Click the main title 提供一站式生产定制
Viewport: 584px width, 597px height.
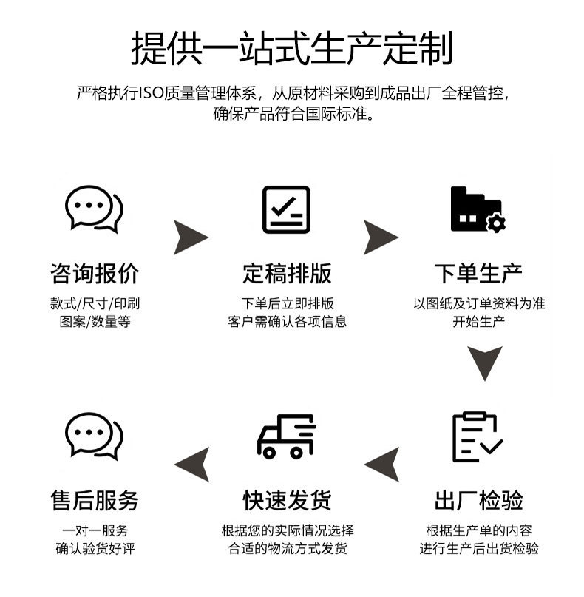[x=291, y=48]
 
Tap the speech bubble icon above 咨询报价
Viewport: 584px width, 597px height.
[x=94, y=209]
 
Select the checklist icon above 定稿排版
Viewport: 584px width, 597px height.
[x=286, y=209]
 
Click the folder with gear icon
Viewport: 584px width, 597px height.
[x=478, y=209]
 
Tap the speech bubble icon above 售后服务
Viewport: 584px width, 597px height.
[x=94, y=437]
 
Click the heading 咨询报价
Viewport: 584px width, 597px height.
[x=95, y=273]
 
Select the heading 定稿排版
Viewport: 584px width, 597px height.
[x=287, y=273]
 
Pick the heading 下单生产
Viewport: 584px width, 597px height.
[x=478, y=273]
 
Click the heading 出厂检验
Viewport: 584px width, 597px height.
[x=478, y=501]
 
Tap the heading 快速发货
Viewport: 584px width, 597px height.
[x=287, y=501]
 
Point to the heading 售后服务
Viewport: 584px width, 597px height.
[x=95, y=501]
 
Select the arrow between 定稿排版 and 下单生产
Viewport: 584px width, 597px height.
[x=381, y=237]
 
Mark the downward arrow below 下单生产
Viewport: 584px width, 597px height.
[x=485, y=362]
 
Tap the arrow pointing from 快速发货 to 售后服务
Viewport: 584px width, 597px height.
[x=191, y=465]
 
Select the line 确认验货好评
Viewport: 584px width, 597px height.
[x=95, y=548]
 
